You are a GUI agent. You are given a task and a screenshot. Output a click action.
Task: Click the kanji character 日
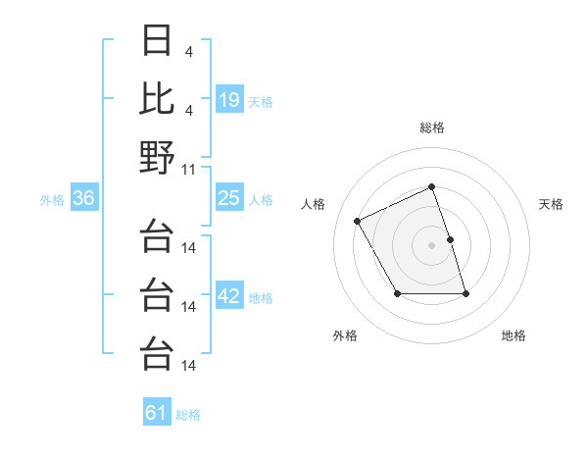[158, 41]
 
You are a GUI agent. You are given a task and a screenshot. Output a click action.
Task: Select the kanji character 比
[158, 98]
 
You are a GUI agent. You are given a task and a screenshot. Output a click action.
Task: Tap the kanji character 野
[158, 157]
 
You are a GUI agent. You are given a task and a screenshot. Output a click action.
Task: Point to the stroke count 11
[189, 169]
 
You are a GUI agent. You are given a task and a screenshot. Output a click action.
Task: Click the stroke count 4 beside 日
[188, 50]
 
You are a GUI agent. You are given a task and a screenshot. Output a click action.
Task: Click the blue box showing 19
[229, 99]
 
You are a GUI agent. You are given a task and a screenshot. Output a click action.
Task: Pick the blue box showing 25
[229, 199]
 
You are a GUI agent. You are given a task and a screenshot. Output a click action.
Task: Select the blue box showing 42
[229, 296]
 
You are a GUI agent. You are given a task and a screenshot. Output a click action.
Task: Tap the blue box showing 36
[84, 199]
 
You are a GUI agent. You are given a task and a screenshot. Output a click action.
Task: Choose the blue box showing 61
[157, 413]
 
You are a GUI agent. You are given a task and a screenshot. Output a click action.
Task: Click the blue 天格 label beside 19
[261, 101]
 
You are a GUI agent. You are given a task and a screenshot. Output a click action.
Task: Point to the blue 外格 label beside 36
[52, 200]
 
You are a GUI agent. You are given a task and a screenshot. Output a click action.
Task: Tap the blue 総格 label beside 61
[188, 415]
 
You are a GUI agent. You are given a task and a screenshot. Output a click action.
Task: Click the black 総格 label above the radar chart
[431, 128]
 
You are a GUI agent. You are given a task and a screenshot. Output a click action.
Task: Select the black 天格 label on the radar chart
[552, 204]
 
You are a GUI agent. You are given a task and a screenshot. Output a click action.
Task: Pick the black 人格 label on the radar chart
[314, 204]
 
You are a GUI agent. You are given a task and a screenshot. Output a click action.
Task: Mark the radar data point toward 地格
[465, 293]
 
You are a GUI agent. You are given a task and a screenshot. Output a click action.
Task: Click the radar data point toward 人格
[358, 222]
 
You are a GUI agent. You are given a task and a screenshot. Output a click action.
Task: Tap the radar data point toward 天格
[450, 239]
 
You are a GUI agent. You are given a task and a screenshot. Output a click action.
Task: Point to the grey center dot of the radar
[431, 245]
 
